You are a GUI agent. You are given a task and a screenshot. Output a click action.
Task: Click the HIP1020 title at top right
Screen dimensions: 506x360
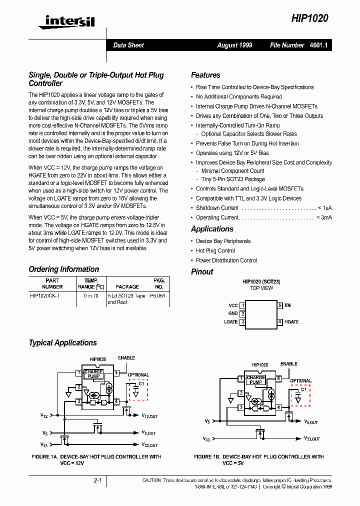tap(310, 18)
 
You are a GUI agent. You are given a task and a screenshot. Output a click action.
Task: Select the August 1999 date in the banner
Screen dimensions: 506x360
tap(234, 45)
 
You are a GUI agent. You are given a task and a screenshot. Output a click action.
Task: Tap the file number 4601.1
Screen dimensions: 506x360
tap(322, 45)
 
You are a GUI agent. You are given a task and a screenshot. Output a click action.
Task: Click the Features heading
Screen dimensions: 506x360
tap(205, 75)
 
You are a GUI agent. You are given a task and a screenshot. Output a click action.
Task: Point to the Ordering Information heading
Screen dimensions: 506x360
tap(63, 269)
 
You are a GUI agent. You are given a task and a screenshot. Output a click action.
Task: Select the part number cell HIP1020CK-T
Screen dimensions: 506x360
tap(45, 295)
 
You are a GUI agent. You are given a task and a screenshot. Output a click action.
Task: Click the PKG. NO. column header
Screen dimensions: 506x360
tap(158, 283)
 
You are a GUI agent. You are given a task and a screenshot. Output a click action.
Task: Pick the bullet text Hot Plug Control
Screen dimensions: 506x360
tap(215, 250)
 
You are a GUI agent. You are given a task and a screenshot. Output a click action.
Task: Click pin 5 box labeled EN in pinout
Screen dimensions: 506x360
tap(280, 305)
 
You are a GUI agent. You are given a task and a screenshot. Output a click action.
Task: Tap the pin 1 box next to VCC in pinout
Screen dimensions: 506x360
tap(242, 305)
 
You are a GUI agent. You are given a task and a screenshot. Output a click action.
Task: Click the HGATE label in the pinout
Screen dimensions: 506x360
tap(291, 322)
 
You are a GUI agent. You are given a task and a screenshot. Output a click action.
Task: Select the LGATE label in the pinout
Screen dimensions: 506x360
tap(230, 322)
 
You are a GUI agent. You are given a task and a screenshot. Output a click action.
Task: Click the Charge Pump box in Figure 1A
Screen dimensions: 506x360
tap(93, 374)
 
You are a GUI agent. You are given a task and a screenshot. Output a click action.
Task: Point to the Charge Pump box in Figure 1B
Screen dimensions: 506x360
tap(256, 380)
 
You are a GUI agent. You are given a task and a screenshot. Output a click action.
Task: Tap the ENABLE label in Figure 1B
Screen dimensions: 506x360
tap(289, 364)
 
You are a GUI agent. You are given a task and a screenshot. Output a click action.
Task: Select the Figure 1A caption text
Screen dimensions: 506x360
tap(96, 459)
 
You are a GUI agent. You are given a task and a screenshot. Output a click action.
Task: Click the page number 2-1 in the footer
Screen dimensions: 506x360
tap(97, 480)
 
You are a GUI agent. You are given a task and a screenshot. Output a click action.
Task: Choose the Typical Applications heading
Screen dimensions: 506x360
tap(62, 342)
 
